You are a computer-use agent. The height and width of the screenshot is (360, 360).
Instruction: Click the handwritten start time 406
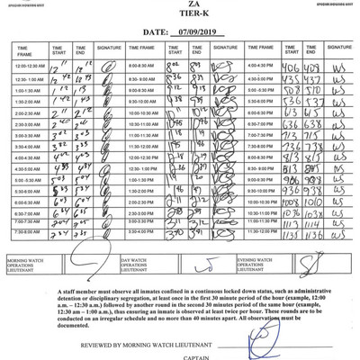coord(290,67)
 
